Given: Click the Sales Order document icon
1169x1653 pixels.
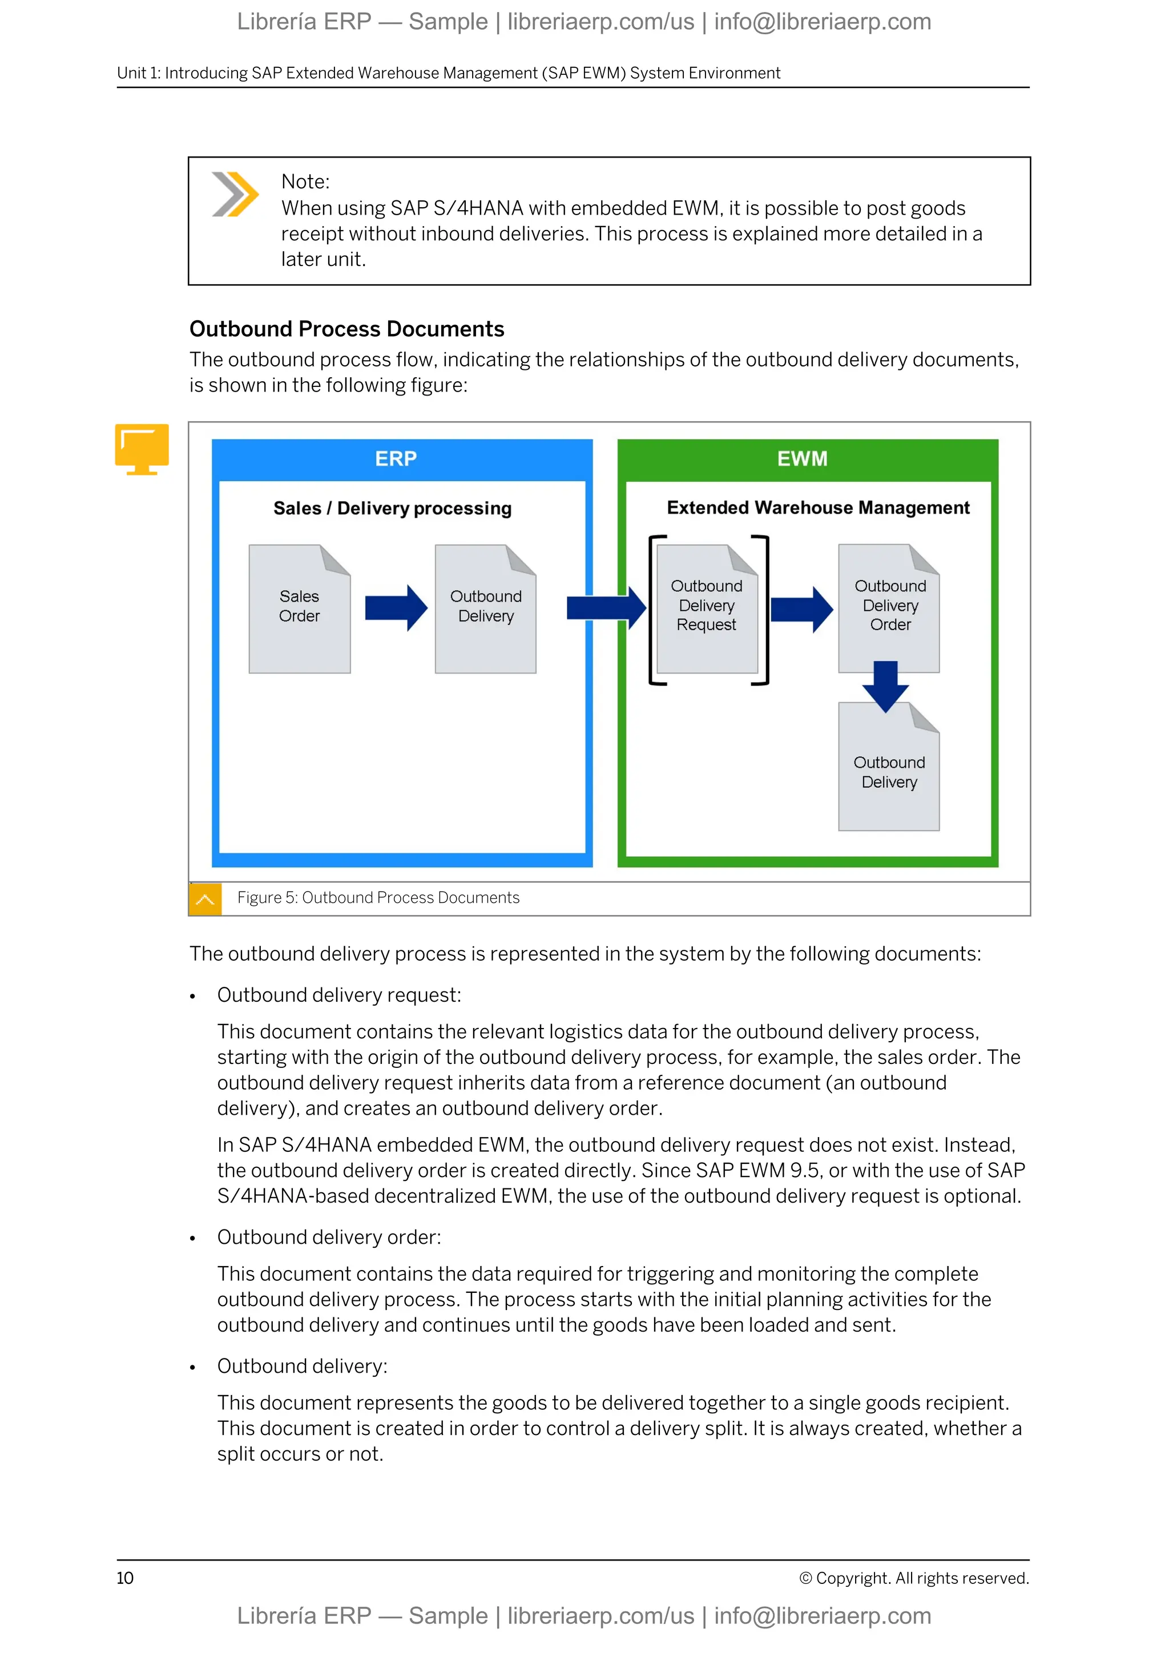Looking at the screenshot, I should [x=300, y=609].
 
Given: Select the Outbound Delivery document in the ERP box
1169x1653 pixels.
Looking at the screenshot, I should [x=485, y=609].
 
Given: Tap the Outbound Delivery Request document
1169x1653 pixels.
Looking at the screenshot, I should [x=707, y=609].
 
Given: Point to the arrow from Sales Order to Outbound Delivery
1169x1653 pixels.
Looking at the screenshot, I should [x=396, y=608].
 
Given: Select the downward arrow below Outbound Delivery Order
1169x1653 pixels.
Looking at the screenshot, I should [x=885, y=686].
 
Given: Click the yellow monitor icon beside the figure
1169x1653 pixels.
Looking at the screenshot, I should [x=142, y=449].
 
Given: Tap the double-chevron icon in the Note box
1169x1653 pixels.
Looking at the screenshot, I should [x=235, y=195].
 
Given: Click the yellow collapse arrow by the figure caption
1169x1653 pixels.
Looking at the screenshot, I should [x=205, y=899].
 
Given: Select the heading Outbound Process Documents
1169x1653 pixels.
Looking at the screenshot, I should [x=346, y=329].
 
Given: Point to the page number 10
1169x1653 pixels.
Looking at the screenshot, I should [x=125, y=1578].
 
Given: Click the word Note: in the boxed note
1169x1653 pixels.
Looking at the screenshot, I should [x=305, y=182].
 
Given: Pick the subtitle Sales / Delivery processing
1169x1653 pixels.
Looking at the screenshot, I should [x=392, y=508].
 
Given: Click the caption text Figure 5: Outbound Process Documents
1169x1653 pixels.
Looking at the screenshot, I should [x=378, y=898].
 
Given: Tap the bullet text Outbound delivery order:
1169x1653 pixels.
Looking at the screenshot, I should [x=329, y=1237].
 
